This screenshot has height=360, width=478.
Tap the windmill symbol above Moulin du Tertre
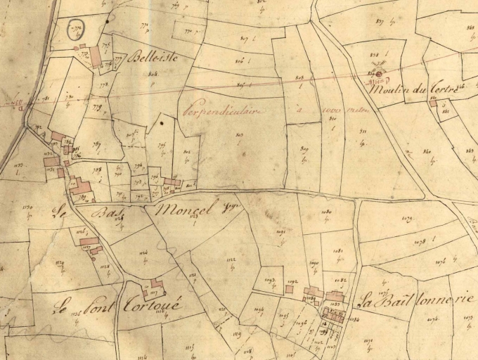click(378, 72)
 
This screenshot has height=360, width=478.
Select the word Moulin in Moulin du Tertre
click(389, 89)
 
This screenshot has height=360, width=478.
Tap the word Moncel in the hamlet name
click(181, 208)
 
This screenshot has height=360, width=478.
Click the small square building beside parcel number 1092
click(290, 288)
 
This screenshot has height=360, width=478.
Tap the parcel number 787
click(96, 144)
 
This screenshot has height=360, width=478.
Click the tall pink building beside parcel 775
click(95, 57)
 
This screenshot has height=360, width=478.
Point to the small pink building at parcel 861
click(433, 103)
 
